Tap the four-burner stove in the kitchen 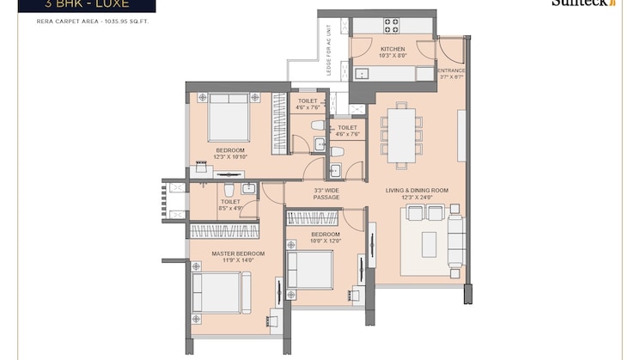pyautogui.click(x=391, y=25)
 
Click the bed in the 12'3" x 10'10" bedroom pyautogui.click(x=229, y=117)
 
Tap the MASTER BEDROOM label pyautogui.click(x=238, y=253)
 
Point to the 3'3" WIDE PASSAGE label pyautogui.click(x=326, y=193)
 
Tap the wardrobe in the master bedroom pyautogui.click(x=231, y=230)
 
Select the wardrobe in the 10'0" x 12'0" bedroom pyautogui.click(x=312, y=218)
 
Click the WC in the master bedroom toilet pyautogui.click(x=229, y=189)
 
